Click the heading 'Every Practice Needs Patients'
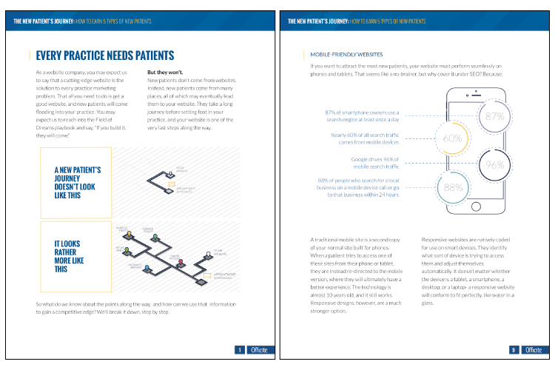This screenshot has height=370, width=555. pyautogui.click(x=104, y=55)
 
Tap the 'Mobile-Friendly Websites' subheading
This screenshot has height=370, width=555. pyautogui.click(x=346, y=54)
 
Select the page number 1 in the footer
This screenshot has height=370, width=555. pyautogui.click(x=239, y=350)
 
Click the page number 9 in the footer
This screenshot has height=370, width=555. pyautogui.click(x=513, y=350)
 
